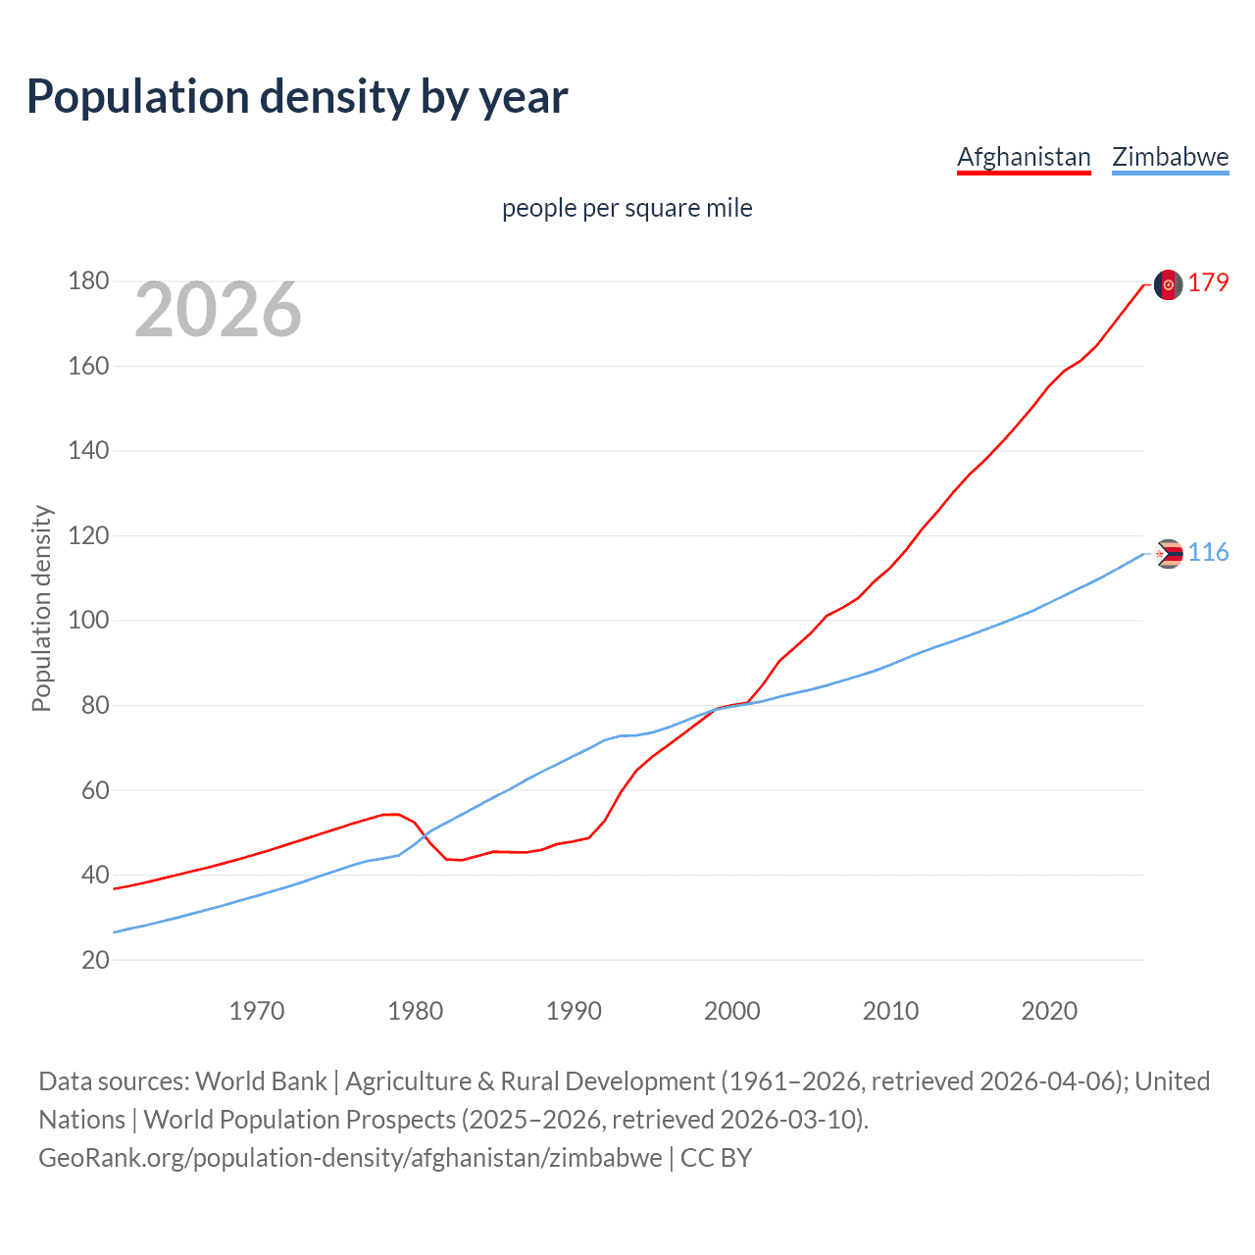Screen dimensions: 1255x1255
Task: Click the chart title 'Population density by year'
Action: (x=297, y=97)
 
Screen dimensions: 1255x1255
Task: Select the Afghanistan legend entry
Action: (x=1024, y=157)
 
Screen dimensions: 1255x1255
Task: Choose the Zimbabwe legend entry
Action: (x=1170, y=157)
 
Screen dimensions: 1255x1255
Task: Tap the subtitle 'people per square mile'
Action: (x=627, y=208)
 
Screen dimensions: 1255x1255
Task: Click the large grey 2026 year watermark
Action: (x=218, y=310)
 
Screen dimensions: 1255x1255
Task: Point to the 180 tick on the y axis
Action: (x=88, y=281)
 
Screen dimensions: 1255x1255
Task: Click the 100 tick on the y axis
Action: (x=88, y=621)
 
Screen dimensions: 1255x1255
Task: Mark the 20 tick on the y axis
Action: (x=95, y=960)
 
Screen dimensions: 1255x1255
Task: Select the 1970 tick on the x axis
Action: (x=257, y=1011)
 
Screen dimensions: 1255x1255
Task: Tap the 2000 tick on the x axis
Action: (x=732, y=1011)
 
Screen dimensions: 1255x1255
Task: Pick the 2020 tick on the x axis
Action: (x=1049, y=1011)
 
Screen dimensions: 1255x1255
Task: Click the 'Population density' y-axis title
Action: (x=41, y=608)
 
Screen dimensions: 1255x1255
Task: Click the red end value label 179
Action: (x=1208, y=283)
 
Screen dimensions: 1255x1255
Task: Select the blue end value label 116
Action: (x=1208, y=553)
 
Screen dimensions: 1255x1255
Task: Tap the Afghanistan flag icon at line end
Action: (x=1168, y=284)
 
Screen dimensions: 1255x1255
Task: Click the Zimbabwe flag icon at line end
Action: (x=1168, y=554)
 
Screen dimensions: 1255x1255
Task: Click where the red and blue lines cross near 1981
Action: (x=426, y=835)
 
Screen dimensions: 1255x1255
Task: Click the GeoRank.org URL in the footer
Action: (x=350, y=1158)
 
